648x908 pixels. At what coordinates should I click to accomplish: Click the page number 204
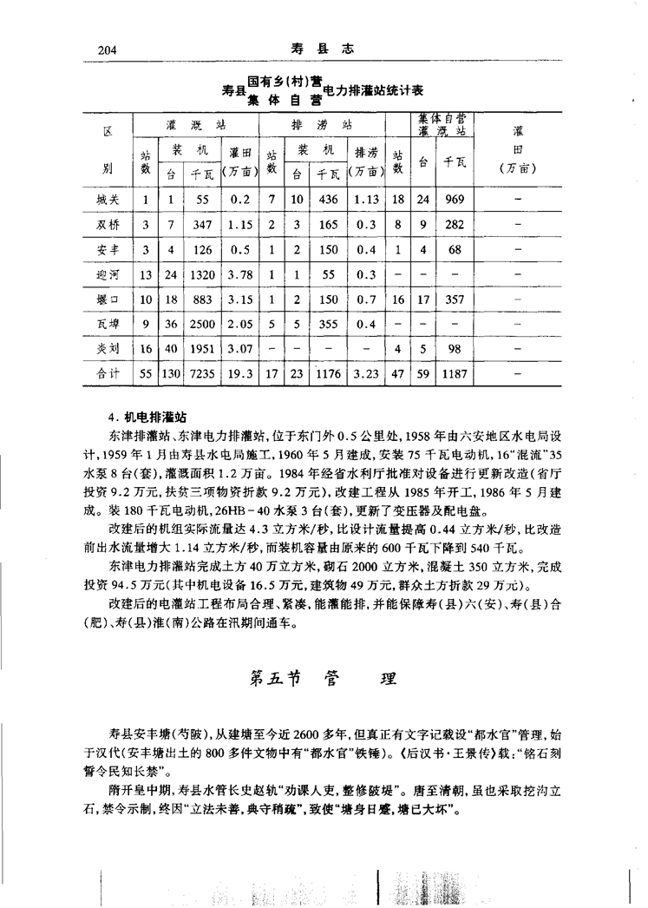(x=102, y=51)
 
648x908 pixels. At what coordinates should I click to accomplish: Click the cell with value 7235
(x=201, y=375)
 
